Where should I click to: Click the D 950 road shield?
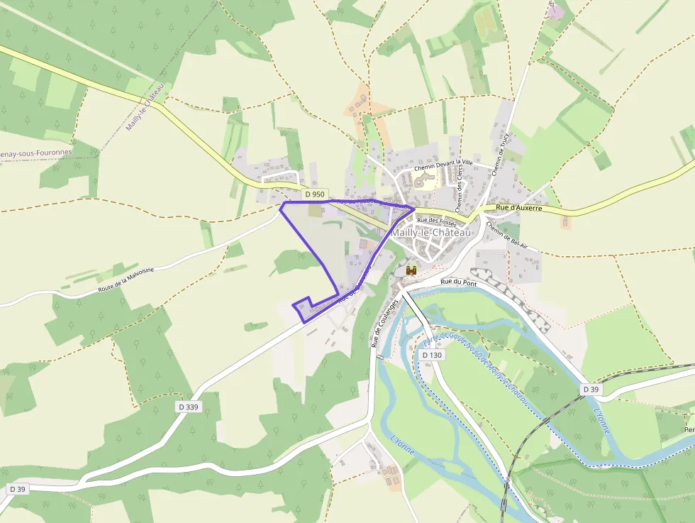(314, 194)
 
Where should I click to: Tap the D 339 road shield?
(189, 407)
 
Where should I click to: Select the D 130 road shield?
(431, 355)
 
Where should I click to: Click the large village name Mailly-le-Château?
(430, 233)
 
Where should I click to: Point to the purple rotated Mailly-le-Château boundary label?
(145, 107)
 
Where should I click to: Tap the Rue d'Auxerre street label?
(519, 208)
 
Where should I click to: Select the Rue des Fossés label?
(436, 220)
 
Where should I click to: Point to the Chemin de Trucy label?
(500, 151)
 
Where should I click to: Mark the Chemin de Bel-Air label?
(507, 236)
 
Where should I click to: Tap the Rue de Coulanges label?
(384, 323)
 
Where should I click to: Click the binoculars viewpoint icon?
(411, 270)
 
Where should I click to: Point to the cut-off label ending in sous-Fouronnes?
(35, 152)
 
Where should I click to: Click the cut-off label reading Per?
(688, 430)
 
